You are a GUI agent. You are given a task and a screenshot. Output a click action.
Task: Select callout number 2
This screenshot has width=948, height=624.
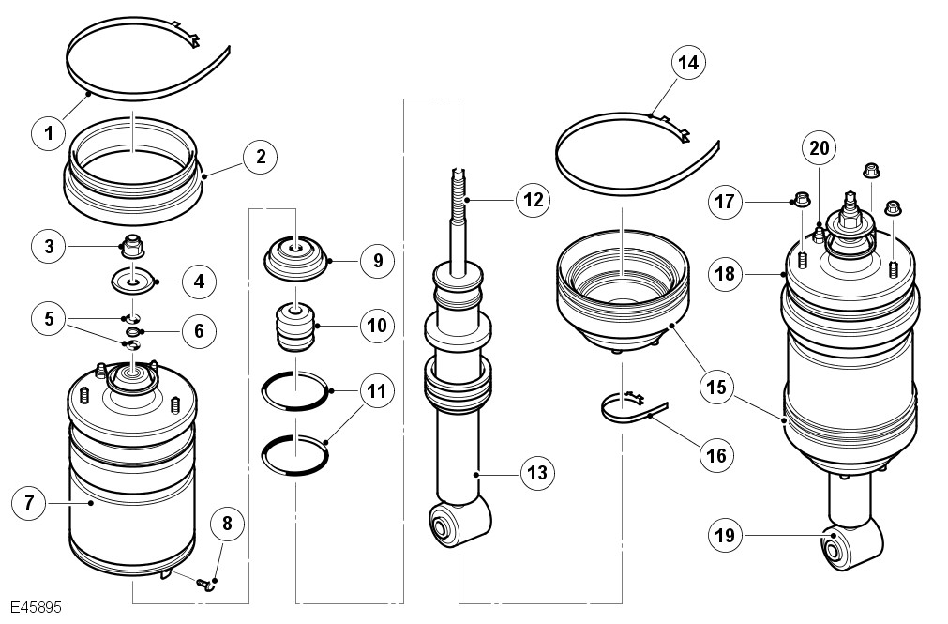260,157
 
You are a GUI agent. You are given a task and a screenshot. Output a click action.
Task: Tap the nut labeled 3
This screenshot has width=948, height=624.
132,247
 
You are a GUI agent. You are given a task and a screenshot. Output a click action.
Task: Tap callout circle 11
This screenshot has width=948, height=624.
376,391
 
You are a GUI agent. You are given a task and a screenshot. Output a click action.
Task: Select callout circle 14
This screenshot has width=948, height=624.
687,63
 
